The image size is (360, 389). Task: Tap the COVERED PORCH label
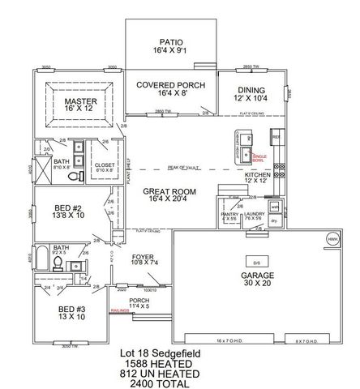point(169,84)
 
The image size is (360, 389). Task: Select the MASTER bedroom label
point(80,102)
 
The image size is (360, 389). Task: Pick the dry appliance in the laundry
point(274,220)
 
